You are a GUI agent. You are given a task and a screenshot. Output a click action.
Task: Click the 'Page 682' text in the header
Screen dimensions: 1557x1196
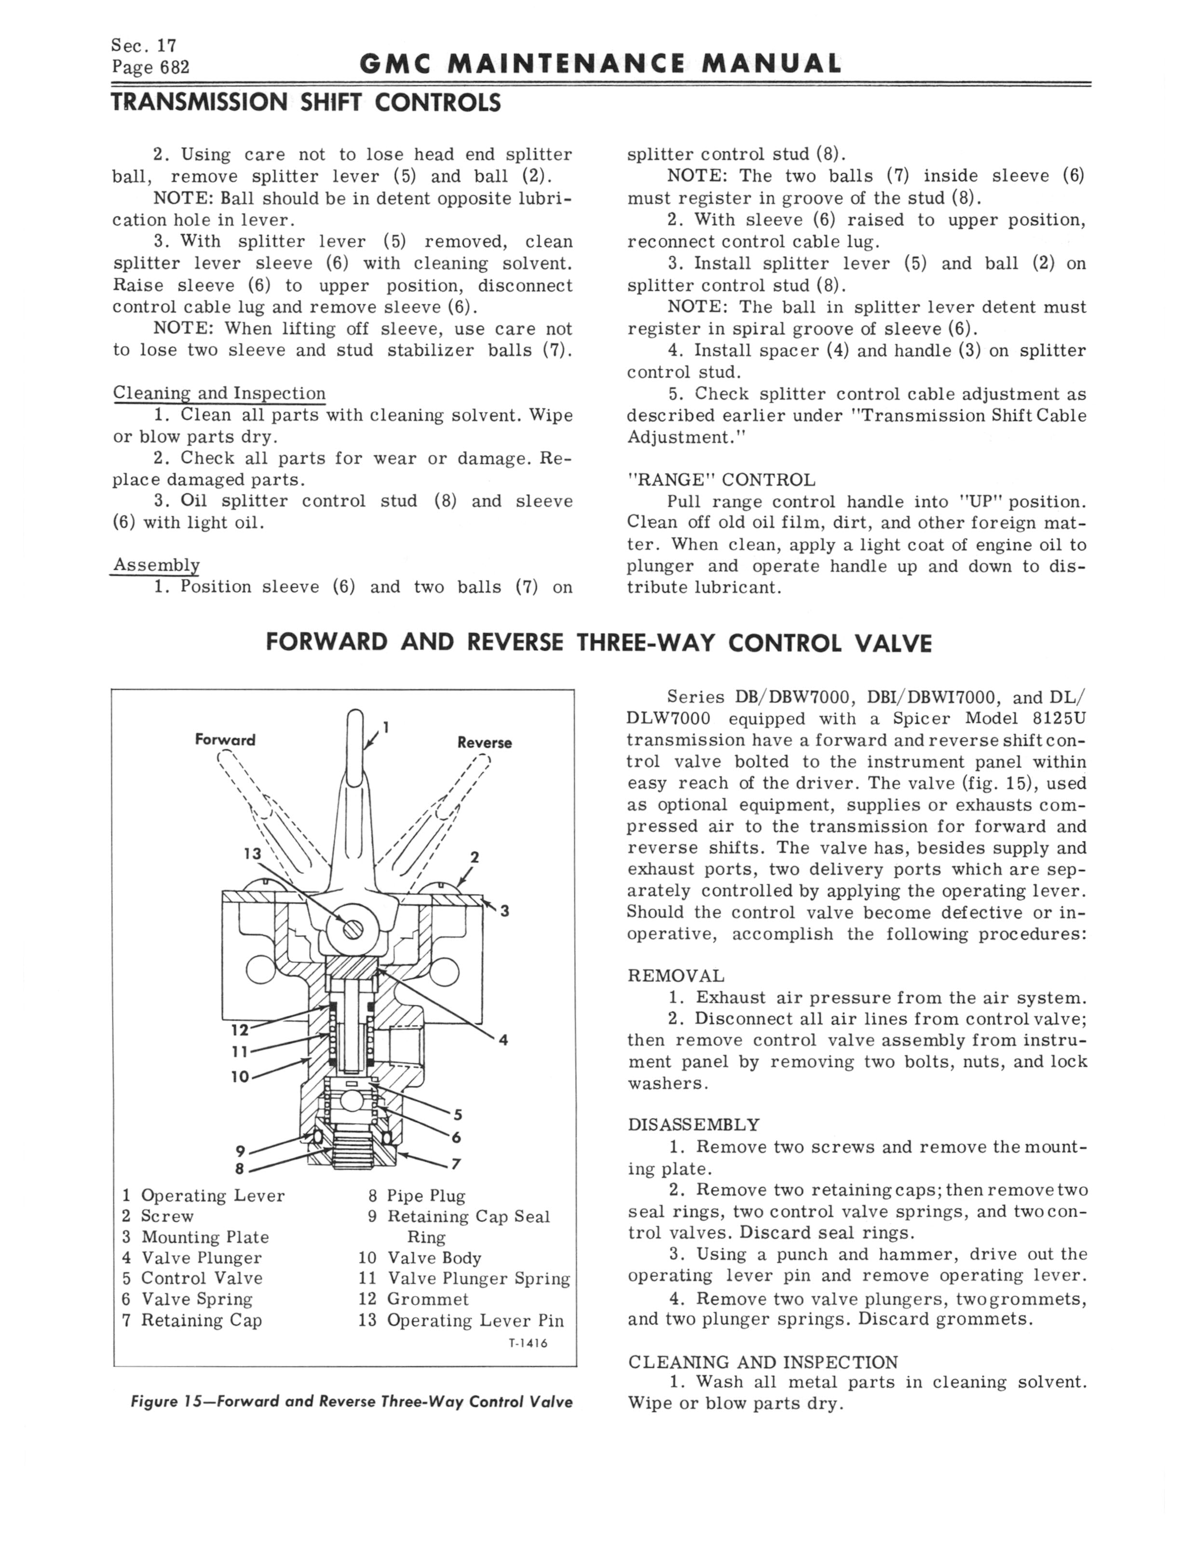150,68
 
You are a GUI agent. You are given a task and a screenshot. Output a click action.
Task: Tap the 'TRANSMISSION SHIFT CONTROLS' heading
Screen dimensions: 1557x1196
306,104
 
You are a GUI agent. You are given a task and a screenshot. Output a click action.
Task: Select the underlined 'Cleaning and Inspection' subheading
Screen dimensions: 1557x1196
219,393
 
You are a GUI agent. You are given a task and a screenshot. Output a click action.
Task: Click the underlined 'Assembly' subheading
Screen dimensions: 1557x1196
156,565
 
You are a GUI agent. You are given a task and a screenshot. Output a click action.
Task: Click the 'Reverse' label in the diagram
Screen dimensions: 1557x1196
484,743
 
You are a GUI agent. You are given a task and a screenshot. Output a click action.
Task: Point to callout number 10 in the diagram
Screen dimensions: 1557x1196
240,1077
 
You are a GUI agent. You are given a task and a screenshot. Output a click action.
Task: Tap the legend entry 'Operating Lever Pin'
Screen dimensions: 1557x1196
475,1321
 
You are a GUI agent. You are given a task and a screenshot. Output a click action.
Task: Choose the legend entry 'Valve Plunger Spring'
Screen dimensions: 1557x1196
478,1279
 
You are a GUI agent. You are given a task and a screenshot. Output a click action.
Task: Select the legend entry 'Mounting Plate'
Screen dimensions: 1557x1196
204,1237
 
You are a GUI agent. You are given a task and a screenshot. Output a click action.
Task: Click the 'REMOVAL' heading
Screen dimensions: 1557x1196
676,975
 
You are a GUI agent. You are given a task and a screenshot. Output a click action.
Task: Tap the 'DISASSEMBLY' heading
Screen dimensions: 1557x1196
694,1125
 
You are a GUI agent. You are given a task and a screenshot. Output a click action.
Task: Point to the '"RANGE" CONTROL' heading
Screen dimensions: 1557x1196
721,480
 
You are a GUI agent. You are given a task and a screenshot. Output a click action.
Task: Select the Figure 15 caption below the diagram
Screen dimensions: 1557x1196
351,1402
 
